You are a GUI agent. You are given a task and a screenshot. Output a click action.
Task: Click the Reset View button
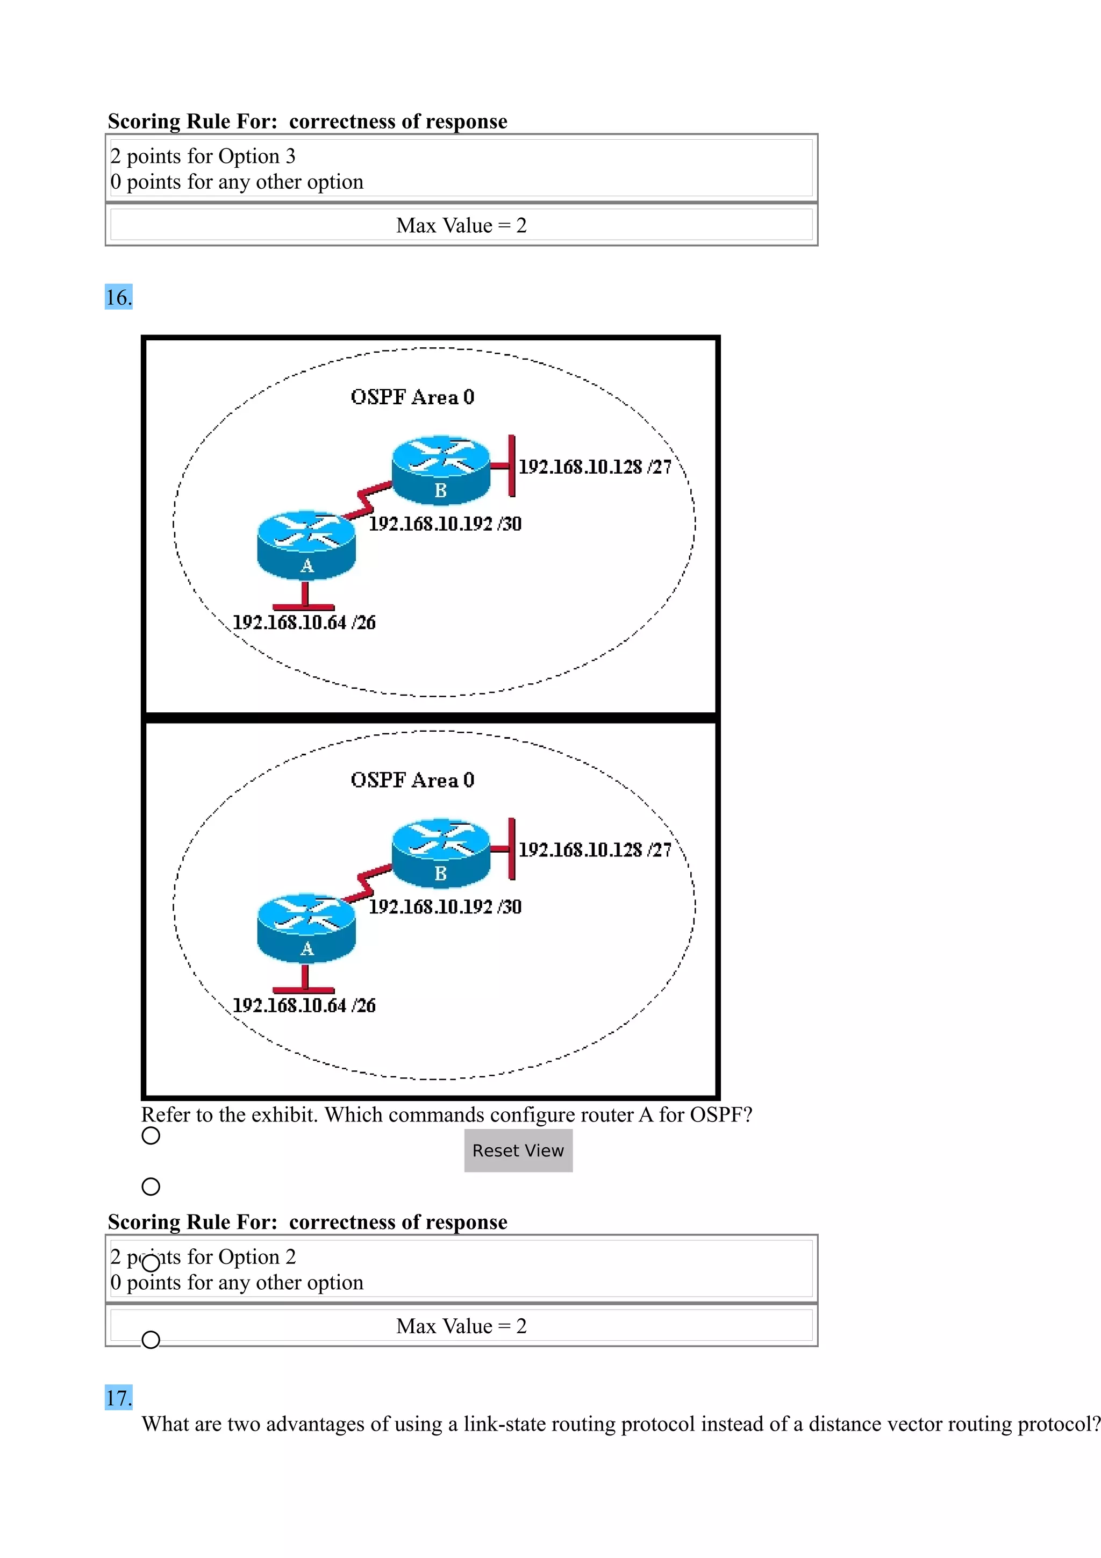pos(518,1150)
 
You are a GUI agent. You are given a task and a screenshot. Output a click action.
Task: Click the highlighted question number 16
pos(119,297)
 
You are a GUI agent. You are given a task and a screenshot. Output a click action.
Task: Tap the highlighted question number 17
pos(119,1398)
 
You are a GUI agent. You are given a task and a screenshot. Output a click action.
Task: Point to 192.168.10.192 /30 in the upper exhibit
pos(445,524)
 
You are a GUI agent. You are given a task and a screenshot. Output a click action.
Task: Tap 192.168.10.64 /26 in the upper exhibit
pos(304,622)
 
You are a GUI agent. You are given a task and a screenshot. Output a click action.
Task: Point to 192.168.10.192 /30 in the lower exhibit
pos(445,906)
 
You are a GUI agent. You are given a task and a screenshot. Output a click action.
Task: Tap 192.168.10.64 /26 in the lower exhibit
pos(304,1005)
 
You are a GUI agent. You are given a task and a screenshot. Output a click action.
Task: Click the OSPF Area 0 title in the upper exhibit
pos(412,397)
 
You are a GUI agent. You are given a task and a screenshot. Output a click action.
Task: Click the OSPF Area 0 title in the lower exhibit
pos(412,780)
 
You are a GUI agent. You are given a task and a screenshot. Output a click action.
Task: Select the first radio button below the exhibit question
pos(151,1135)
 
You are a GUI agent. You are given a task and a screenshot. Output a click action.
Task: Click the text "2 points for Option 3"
pos(203,156)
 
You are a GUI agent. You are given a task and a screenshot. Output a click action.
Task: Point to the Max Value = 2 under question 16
pos(461,1326)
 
